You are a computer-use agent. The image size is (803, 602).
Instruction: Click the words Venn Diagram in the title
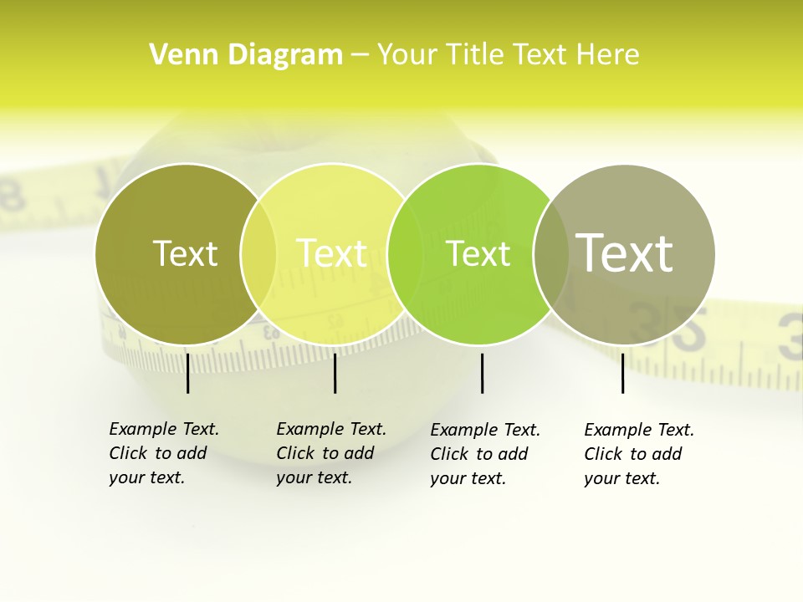point(245,55)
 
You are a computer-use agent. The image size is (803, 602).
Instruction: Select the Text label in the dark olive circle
point(185,253)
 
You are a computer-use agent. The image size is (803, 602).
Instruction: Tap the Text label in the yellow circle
point(332,253)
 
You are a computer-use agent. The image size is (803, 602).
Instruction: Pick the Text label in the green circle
point(478,253)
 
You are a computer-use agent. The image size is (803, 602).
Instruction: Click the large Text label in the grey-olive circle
point(624,253)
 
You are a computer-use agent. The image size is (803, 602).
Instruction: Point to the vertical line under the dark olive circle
point(187,373)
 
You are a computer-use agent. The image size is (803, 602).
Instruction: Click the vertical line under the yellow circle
point(335,373)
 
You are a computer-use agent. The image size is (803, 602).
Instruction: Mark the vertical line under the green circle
point(482,373)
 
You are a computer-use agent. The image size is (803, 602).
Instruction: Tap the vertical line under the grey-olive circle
point(622,373)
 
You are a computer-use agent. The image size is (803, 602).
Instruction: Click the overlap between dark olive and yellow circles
point(258,253)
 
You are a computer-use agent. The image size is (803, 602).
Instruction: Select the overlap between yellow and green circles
point(406,253)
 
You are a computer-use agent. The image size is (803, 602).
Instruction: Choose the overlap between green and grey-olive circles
point(551,253)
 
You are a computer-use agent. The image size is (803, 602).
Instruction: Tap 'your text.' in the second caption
point(314,477)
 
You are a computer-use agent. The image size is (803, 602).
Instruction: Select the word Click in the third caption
point(450,454)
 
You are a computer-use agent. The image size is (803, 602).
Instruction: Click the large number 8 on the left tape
point(12,194)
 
